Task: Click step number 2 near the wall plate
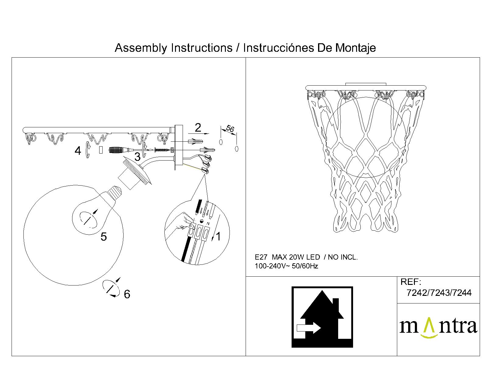[x=198, y=128]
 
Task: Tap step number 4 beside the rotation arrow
[x=78, y=151]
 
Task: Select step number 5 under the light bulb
[x=103, y=237]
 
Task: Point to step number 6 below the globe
[x=127, y=294]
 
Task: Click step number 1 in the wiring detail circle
[x=218, y=236]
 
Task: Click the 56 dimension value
[x=230, y=129]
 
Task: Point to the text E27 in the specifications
[x=261, y=257]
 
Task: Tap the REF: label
[x=411, y=282]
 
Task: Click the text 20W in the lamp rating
[x=294, y=257]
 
